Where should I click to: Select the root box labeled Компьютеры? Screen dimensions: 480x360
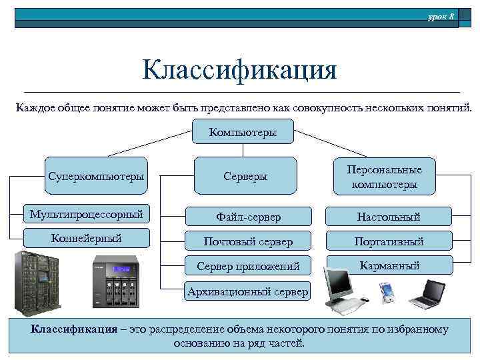pyautogui.click(x=242, y=132)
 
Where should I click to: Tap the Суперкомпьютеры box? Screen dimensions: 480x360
pyautogui.click(x=96, y=176)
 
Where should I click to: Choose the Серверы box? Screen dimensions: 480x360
pyautogui.click(x=245, y=176)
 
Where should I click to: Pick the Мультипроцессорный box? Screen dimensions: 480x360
pyautogui.click(x=87, y=215)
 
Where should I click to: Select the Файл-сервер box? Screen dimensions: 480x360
pyautogui.click(x=248, y=217)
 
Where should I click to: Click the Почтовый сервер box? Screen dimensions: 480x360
pyautogui.click(x=248, y=241)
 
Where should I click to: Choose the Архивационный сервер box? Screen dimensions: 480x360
pyautogui.click(x=248, y=291)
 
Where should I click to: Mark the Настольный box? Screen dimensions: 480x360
pyautogui.click(x=388, y=216)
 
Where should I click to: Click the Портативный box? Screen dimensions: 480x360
pyautogui.click(x=389, y=241)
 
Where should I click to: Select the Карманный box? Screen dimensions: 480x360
pyautogui.click(x=389, y=265)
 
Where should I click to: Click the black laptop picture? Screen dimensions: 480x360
pyautogui.click(x=425, y=293)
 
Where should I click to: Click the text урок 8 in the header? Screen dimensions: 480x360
pyautogui.click(x=441, y=15)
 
